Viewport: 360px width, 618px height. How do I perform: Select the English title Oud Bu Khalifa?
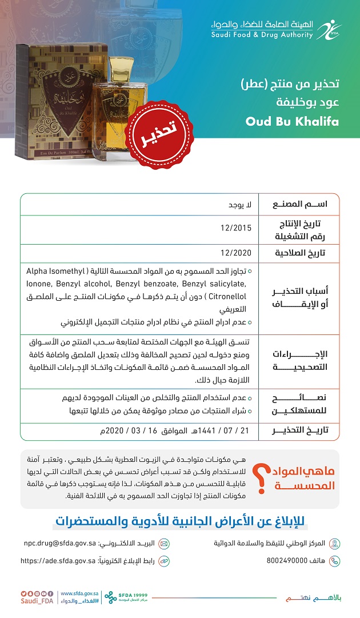292,121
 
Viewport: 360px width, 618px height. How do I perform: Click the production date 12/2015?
236,228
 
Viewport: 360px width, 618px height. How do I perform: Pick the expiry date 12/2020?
236,253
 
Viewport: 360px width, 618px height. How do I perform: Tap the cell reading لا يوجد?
241,204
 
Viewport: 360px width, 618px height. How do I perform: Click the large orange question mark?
261,478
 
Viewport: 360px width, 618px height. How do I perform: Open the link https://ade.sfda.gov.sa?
58,561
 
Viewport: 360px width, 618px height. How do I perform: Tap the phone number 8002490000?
287,561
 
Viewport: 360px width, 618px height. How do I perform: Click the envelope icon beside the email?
164,543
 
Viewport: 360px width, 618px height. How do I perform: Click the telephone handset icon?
335,561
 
